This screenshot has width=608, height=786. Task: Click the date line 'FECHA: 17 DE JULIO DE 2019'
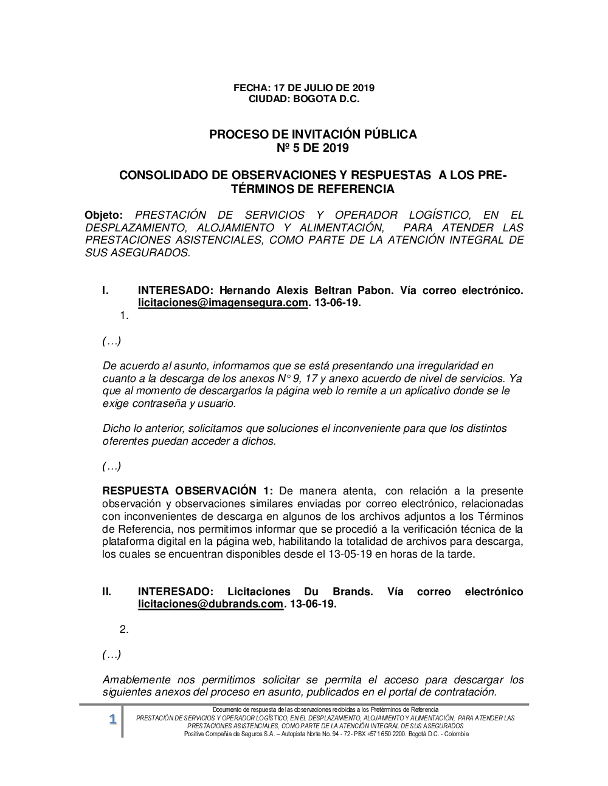click(304, 87)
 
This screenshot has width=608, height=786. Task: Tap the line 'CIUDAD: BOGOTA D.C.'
click(304, 98)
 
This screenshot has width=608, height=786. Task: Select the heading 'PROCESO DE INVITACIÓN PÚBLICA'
click(313, 134)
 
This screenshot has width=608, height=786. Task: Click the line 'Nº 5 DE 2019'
click(313, 148)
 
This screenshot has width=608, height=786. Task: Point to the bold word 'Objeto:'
click(104, 215)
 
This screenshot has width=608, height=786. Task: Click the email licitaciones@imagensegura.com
click(223, 303)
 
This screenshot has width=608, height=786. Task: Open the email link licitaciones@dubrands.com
click(210, 604)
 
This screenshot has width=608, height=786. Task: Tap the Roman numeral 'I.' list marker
click(105, 290)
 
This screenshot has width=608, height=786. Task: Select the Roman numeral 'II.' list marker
click(106, 592)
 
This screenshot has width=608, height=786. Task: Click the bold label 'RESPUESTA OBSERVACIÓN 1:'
click(188, 491)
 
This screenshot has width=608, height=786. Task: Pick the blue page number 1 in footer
click(112, 720)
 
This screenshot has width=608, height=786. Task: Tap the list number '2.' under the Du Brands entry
click(124, 629)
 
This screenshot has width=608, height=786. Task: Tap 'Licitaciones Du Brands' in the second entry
click(300, 592)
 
